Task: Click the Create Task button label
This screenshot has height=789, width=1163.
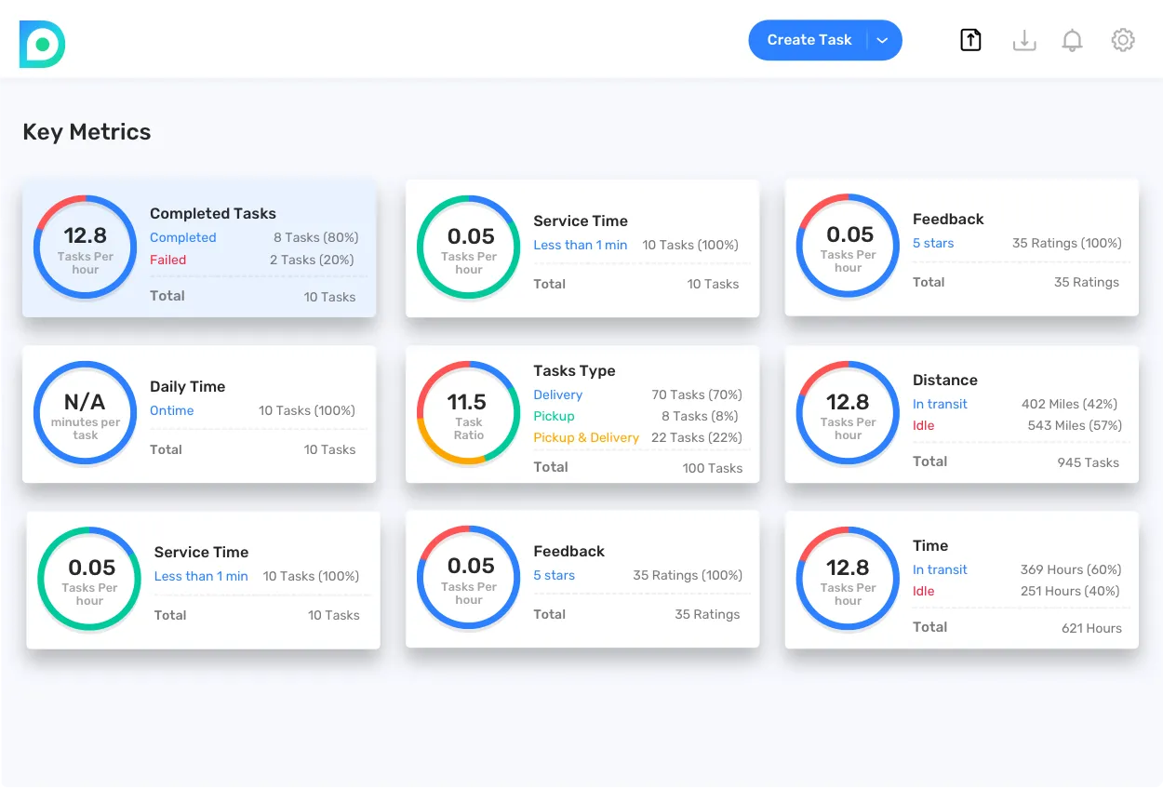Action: (x=809, y=40)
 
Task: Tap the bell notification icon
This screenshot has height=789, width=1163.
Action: (x=1072, y=40)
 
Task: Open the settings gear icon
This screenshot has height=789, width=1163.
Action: (x=1123, y=40)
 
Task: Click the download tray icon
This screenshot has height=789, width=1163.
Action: (x=1023, y=40)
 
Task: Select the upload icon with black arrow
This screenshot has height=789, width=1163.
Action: (x=970, y=40)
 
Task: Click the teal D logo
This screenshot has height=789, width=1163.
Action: (x=42, y=44)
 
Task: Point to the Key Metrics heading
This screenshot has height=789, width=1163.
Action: (x=87, y=132)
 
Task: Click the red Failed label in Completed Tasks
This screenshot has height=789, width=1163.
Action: (x=167, y=260)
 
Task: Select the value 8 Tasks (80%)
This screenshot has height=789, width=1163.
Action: (x=315, y=237)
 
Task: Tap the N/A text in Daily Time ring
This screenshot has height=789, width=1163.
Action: (x=85, y=402)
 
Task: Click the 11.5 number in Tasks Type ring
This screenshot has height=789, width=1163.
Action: (x=467, y=402)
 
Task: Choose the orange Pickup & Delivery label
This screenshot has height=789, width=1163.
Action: (x=586, y=437)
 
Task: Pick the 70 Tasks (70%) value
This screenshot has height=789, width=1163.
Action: (x=696, y=394)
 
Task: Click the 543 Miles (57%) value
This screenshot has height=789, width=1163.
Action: (x=1075, y=425)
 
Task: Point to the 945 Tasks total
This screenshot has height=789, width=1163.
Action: (x=1088, y=462)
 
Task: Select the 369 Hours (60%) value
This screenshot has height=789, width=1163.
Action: (x=1070, y=569)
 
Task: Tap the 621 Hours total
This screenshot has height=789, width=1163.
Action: (x=1091, y=628)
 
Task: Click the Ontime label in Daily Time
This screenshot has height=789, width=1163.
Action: (x=172, y=410)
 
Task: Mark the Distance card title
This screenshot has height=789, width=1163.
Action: (x=944, y=380)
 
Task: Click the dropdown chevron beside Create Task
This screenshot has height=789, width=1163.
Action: (x=883, y=40)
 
